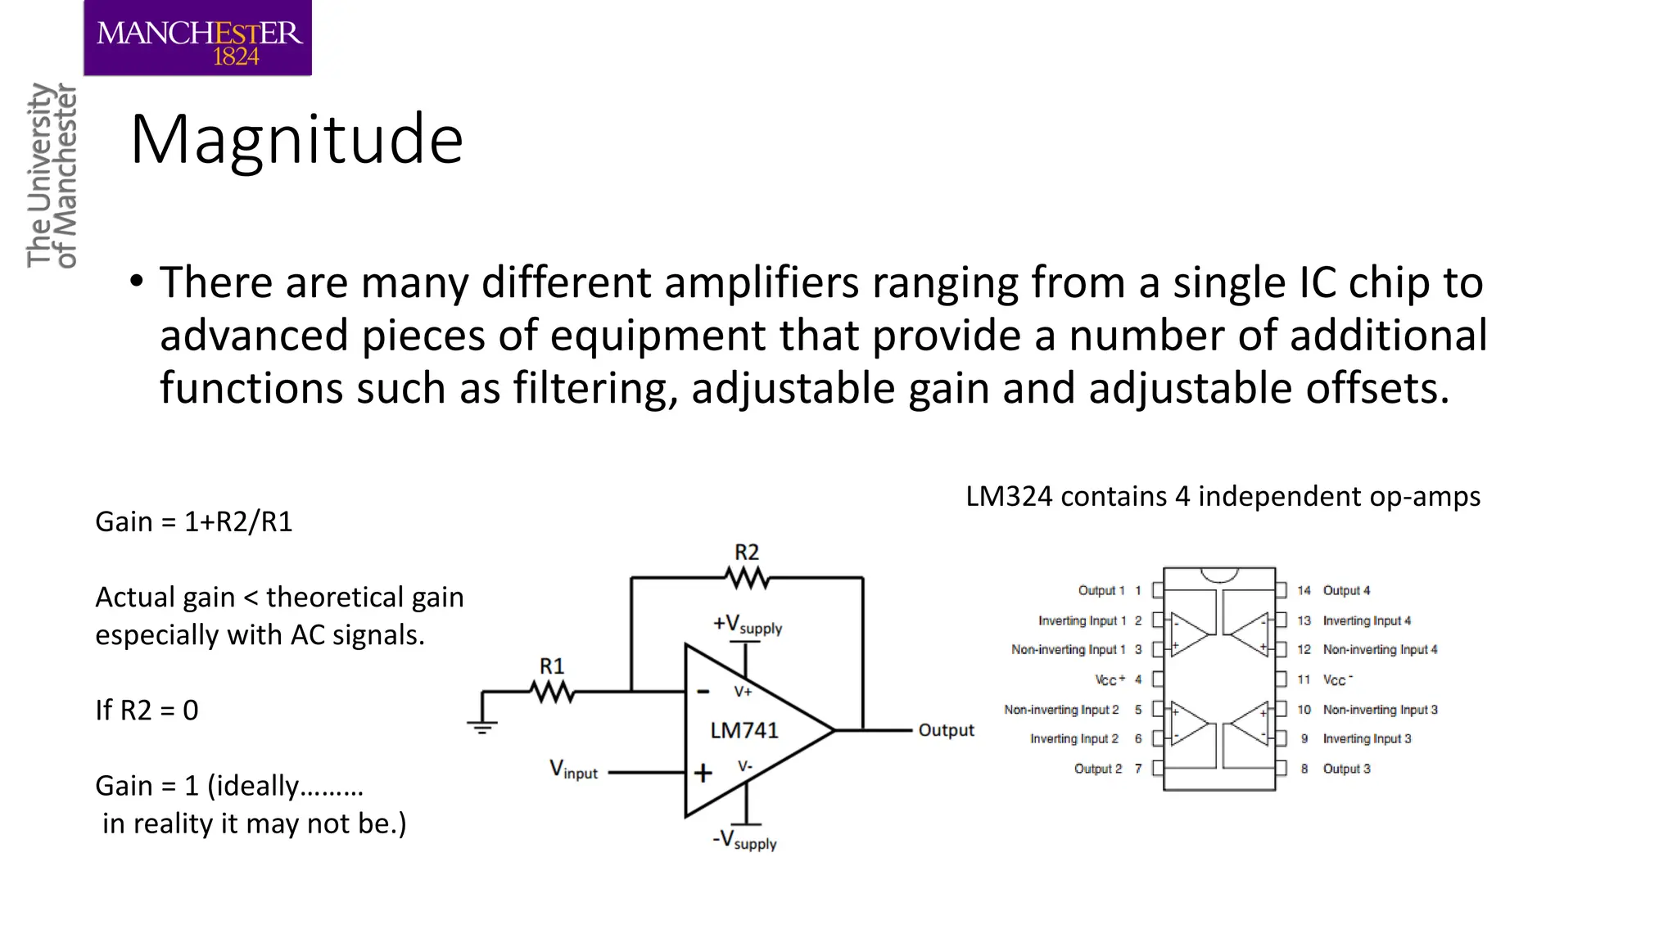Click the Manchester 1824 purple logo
point(197,38)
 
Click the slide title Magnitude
point(296,139)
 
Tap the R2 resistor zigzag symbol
point(747,579)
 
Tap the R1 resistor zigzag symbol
point(553,693)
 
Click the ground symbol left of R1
point(482,725)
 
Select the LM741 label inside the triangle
point(744,730)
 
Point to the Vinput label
point(573,770)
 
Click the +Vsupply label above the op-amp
point(747,625)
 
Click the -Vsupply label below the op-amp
point(744,841)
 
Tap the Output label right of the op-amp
point(946,730)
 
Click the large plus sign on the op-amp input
point(703,773)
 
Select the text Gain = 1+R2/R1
point(194,521)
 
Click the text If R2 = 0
point(147,710)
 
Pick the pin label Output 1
point(1101,590)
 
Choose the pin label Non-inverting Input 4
point(1380,649)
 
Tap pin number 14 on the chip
point(1304,590)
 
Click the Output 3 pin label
point(1346,769)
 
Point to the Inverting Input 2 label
point(1074,738)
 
